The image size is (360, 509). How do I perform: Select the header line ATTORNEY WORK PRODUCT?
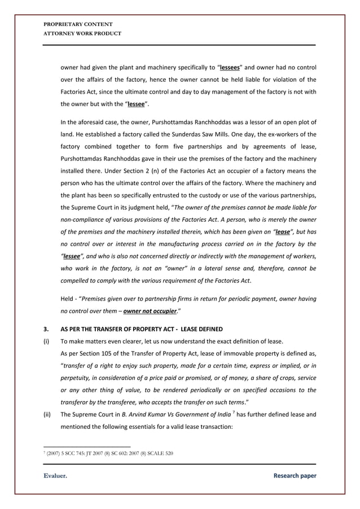coord(82,33)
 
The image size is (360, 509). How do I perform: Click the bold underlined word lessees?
coord(231,67)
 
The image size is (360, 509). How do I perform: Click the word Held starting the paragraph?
coord(68,299)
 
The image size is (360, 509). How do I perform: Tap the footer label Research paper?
coord(295,476)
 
